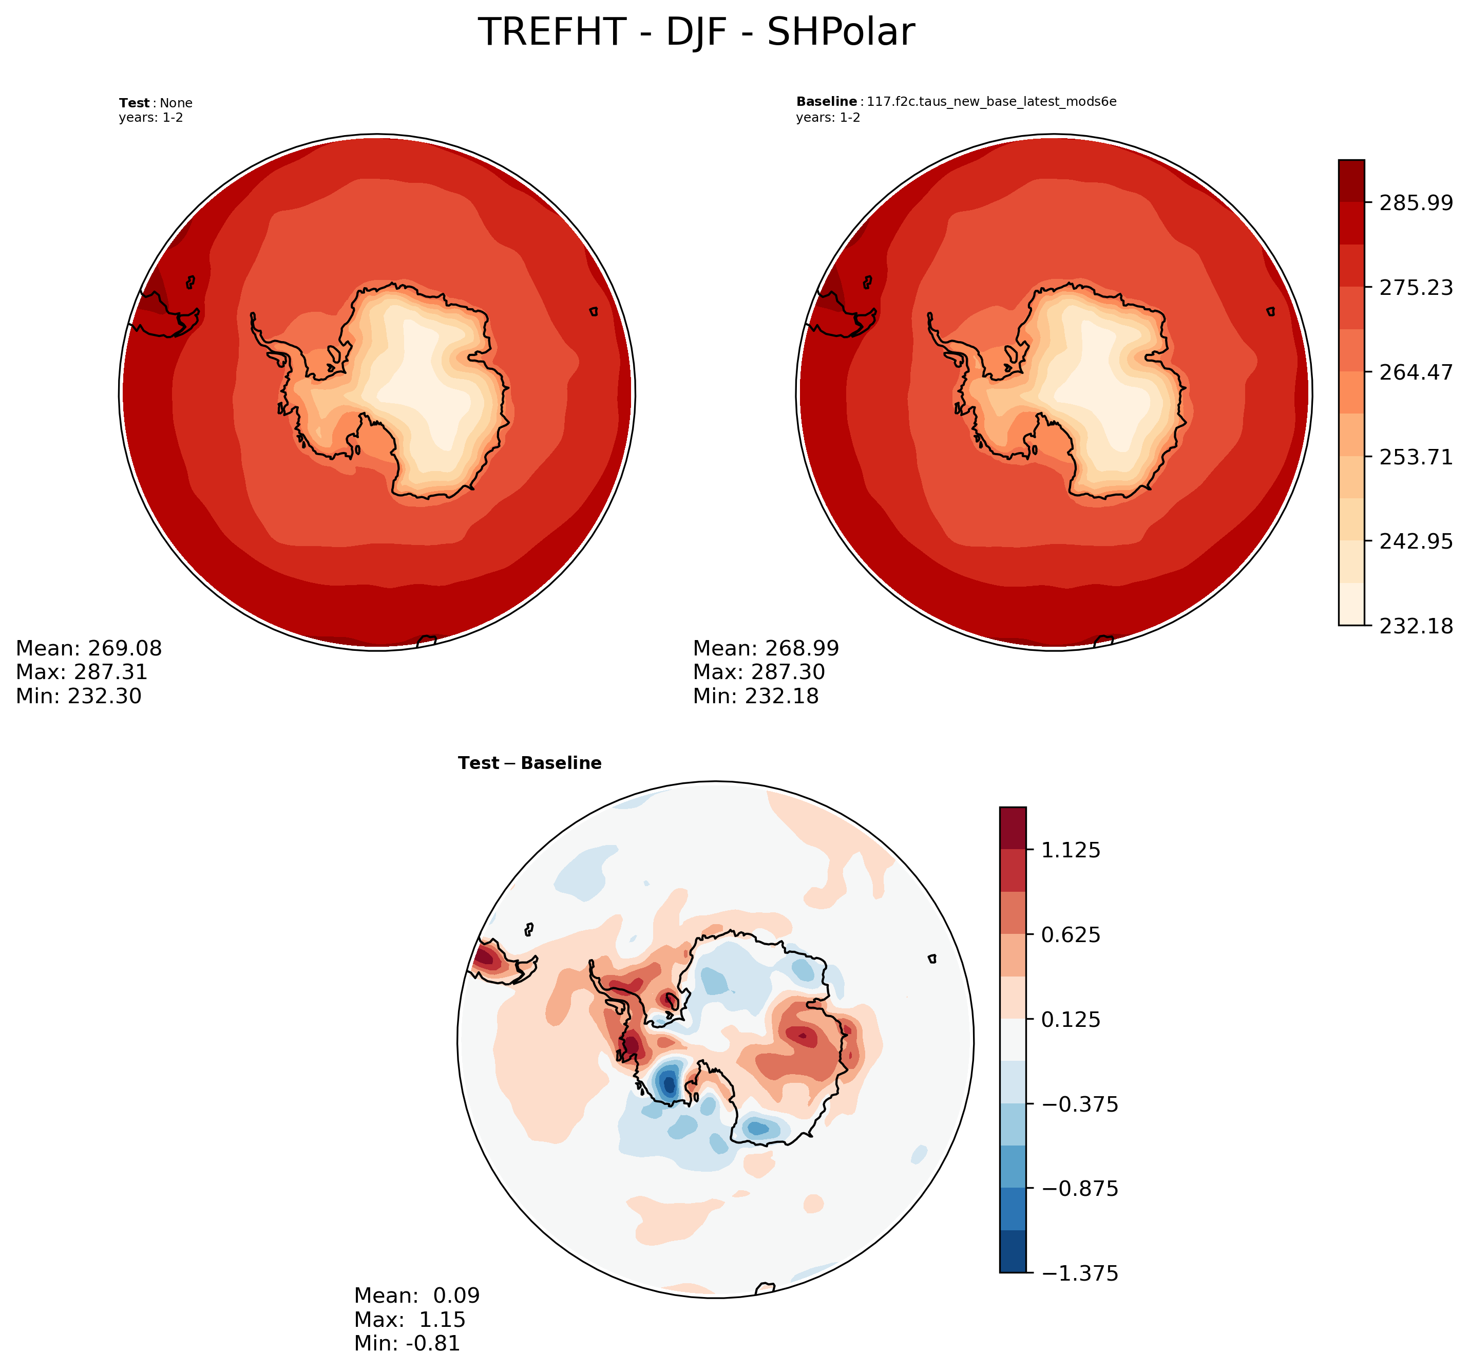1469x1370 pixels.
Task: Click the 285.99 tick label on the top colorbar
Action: [x=1416, y=202]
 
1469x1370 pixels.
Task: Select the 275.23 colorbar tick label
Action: [x=1416, y=288]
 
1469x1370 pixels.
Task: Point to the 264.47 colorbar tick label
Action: [x=1416, y=372]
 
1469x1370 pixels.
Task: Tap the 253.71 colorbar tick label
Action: [x=1416, y=457]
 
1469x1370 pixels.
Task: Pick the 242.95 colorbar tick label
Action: [x=1416, y=541]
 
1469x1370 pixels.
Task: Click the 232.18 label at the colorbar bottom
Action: [x=1416, y=626]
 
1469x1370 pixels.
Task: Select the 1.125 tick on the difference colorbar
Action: [x=1071, y=850]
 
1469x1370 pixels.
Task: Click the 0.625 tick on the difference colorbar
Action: [x=1071, y=934]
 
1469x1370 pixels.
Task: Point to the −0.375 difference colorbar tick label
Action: [x=1080, y=1104]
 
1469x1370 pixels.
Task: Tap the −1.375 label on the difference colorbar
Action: [x=1080, y=1273]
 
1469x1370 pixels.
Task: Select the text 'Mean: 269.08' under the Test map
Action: [x=89, y=648]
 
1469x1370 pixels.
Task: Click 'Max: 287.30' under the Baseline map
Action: [x=758, y=672]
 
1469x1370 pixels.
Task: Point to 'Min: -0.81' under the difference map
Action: [x=407, y=1343]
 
